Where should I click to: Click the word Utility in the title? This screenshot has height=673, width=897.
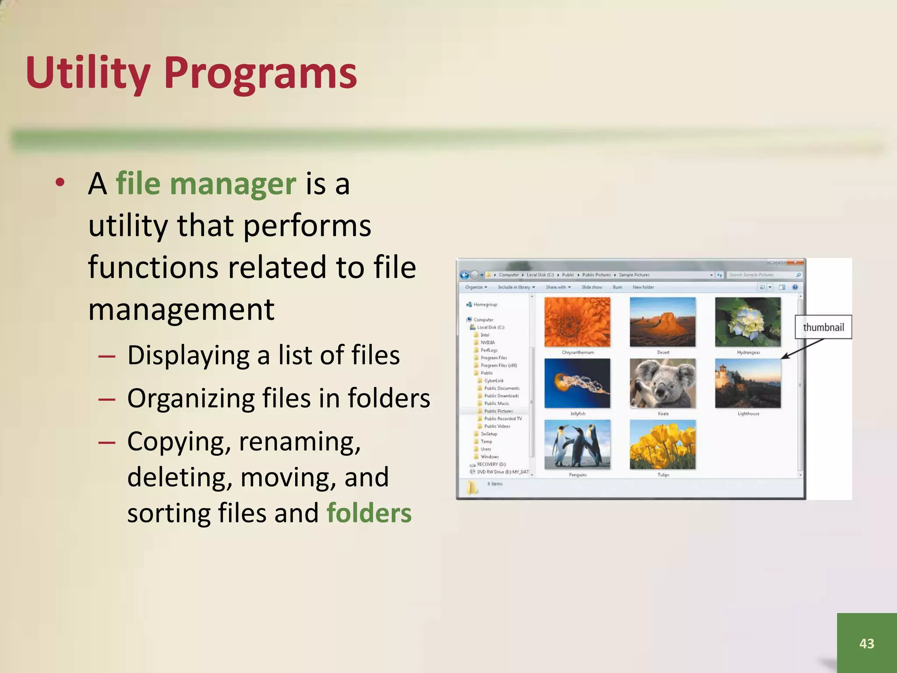coord(88,73)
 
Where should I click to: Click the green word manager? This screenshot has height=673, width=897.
coord(233,184)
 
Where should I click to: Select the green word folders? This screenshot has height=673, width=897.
coord(369,513)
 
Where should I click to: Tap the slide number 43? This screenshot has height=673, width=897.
coord(866,643)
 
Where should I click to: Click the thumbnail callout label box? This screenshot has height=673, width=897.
coord(823,327)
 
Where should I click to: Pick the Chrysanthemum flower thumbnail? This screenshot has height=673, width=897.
coord(577,322)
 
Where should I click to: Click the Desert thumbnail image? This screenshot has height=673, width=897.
coord(662,322)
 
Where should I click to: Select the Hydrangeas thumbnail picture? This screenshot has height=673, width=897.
coord(748,322)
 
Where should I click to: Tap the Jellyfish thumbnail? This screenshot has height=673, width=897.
coord(577,383)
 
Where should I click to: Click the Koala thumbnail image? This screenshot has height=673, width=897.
coord(662,383)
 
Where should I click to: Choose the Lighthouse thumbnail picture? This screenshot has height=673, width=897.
coord(748,383)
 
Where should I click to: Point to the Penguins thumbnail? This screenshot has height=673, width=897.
coord(577,444)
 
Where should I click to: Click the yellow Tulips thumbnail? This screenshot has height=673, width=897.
coord(662,444)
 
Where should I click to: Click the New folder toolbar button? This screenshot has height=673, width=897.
coord(643,287)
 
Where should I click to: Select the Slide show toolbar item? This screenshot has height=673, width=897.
coord(591,287)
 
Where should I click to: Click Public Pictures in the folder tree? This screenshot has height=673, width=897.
coord(498,411)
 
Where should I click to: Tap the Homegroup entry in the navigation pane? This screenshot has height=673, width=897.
coord(485,305)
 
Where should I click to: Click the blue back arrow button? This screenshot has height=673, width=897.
coord(464,275)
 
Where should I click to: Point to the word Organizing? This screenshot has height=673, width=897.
coord(190,398)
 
